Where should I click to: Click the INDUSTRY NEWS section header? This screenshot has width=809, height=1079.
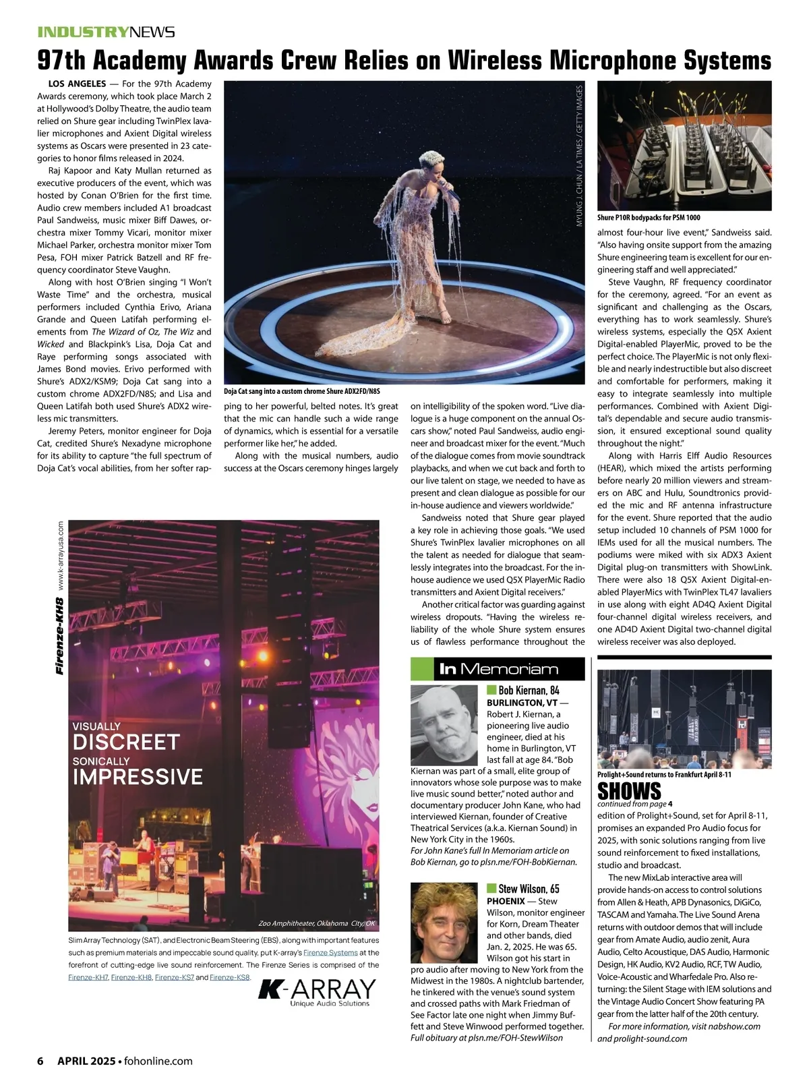tap(106, 32)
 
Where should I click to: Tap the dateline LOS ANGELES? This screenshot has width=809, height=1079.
tap(77, 84)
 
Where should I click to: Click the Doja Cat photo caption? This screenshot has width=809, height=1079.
tap(302, 391)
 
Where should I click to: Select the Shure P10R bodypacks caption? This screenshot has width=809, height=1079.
tap(649, 218)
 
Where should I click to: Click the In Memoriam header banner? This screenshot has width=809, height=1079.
tap(498, 669)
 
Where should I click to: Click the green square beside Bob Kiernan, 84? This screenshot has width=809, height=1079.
tap(491, 690)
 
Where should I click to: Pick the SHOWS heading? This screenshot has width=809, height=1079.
tap(629, 790)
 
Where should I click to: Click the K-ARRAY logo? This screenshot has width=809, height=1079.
tap(317, 991)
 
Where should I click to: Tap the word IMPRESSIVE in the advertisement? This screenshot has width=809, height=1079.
tap(138, 777)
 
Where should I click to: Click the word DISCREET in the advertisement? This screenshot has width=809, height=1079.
tap(126, 742)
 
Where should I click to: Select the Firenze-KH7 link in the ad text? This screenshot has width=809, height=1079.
tap(88, 977)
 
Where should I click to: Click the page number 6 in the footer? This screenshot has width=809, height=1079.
tap(40, 1061)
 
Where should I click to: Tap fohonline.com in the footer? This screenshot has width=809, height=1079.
tap(158, 1061)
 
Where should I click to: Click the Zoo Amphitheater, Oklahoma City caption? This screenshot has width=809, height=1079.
tap(316, 923)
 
